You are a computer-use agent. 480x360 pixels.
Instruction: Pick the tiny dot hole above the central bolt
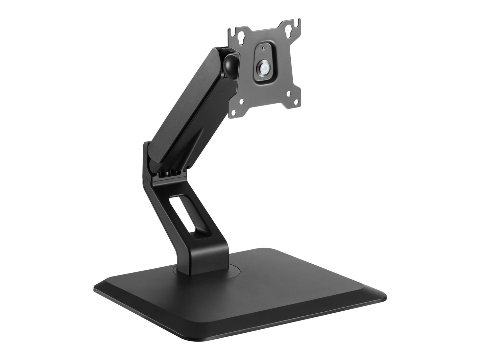pos(263,48)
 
